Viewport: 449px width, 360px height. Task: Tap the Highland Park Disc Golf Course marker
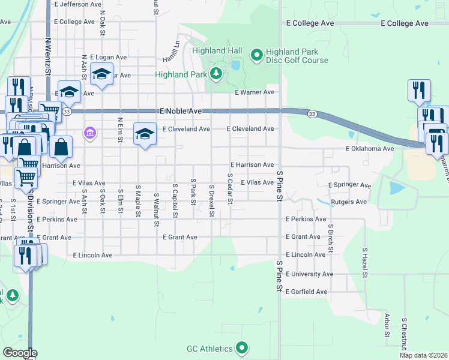click(x=257, y=56)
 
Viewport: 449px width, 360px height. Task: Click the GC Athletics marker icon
click(x=242, y=348)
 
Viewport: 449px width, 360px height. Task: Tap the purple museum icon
click(x=90, y=132)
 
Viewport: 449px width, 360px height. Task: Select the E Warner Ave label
click(x=255, y=92)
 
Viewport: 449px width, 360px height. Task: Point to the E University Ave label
click(x=309, y=274)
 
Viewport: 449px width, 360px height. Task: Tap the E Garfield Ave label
click(x=306, y=292)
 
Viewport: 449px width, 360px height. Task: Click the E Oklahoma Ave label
click(x=369, y=149)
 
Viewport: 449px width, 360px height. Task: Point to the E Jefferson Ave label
click(x=77, y=4)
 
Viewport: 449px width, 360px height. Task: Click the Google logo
click(x=20, y=352)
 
